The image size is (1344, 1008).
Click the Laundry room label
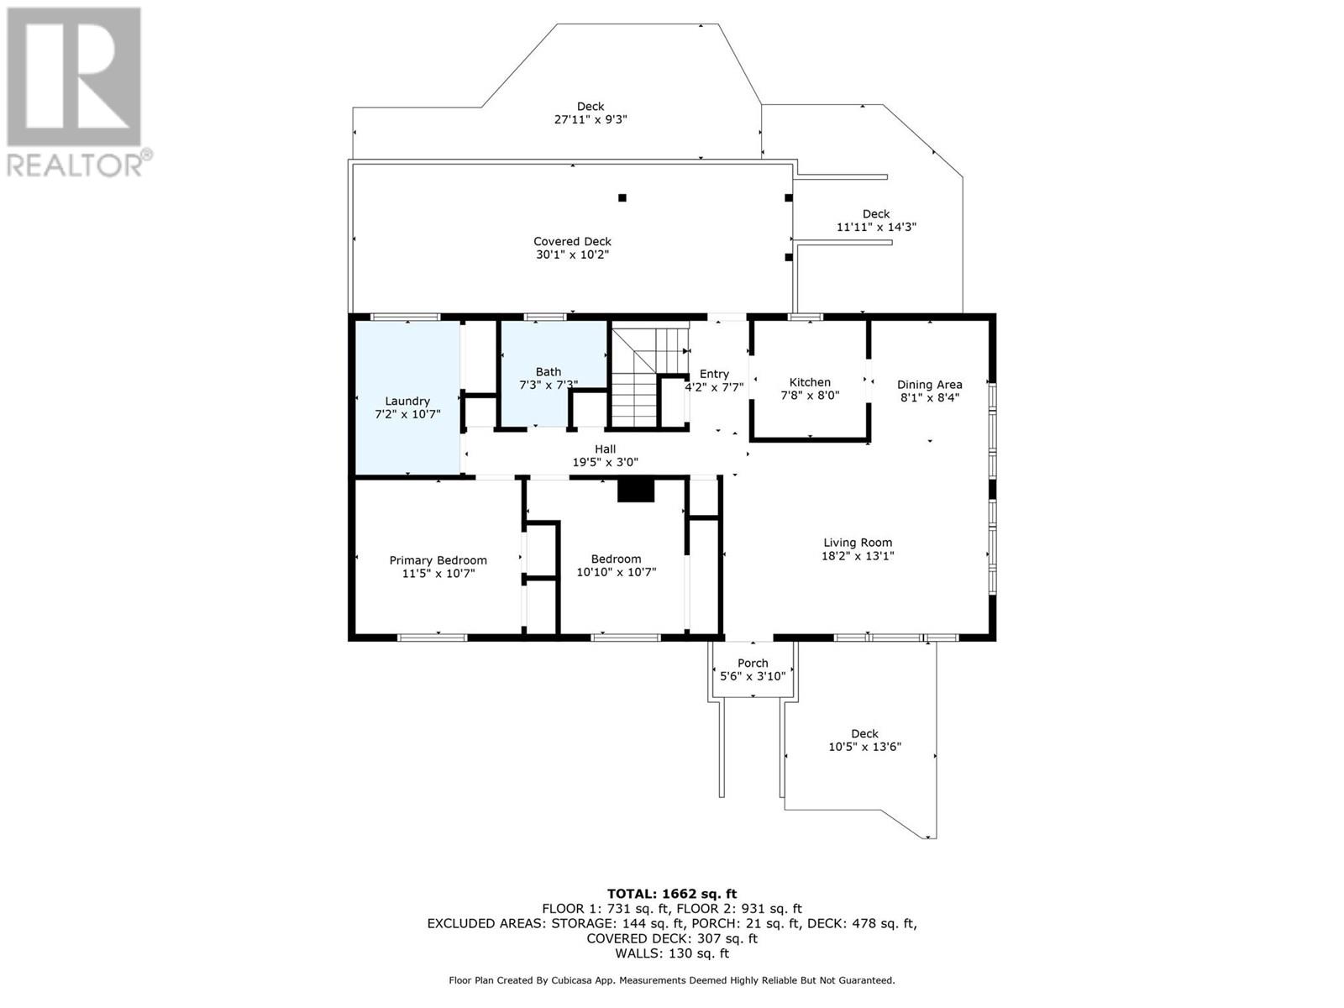(x=407, y=402)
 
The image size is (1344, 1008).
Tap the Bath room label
(x=548, y=372)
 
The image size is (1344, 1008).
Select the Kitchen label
(x=810, y=382)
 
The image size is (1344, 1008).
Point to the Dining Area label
(x=929, y=385)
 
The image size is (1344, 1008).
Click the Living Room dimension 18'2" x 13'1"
(x=858, y=556)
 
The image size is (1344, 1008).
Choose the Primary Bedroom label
(x=438, y=560)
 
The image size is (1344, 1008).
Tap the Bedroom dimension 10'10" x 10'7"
(x=616, y=572)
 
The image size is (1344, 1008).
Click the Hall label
(x=605, y=449)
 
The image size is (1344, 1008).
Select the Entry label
(x=714, y=374)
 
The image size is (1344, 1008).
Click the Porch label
(x=753, y=663)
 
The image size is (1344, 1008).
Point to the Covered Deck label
(x=572, y=242)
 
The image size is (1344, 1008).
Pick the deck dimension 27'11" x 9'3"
(x=591, y=119)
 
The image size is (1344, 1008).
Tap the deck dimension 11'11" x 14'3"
(x=876, y=227)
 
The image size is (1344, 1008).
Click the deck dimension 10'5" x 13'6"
(x=864, y=747)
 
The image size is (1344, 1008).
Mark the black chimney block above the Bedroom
(x=636, y=491)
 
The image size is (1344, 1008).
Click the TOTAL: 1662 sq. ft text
(x=672, y=894)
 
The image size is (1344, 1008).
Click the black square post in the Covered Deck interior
(x=622, y=197)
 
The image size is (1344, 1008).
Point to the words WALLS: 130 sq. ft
(x=672, y=953)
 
